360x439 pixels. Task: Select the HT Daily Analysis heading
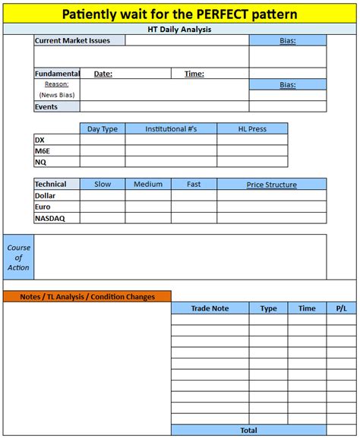click(179, 29)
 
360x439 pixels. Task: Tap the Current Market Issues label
click(72, 40)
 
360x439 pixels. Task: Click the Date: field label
click(103, 74)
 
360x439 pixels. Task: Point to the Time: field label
click(194, 74)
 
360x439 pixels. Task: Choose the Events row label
click(46, 107)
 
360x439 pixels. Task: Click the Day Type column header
click(103, 129)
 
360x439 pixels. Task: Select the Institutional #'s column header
click(171, 129)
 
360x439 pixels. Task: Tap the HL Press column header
click(252, 129)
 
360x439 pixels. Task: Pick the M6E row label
click(43, 151)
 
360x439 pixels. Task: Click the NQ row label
click(40, 162)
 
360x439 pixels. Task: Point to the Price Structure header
click(271, 185)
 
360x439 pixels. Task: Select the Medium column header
click(148, 185)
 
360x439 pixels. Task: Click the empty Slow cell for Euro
click(103, 207)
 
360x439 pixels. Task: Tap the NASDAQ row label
click(51, 218)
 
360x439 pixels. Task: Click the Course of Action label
click(18, 257)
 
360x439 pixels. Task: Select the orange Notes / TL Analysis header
click(87, 297)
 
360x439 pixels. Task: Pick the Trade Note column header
click(210, 308)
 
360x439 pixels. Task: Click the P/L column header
click(340, 308)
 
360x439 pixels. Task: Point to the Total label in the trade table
click(248, 431)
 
